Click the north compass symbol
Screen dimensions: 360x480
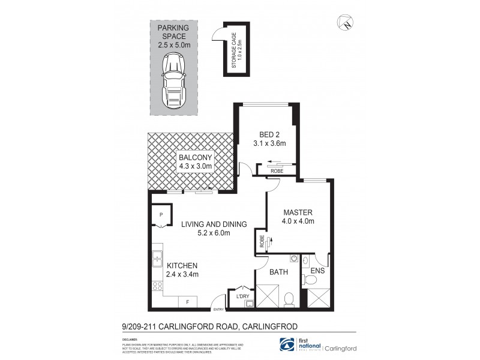coord(346,23)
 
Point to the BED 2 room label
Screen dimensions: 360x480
coord(266,134)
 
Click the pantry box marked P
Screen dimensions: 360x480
coord(161,215)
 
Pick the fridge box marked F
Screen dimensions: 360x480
coord(188,302)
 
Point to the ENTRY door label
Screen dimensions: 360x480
coord(218,310)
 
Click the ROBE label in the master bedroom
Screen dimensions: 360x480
coord(262,241)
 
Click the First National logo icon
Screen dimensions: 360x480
coord(289,344)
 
